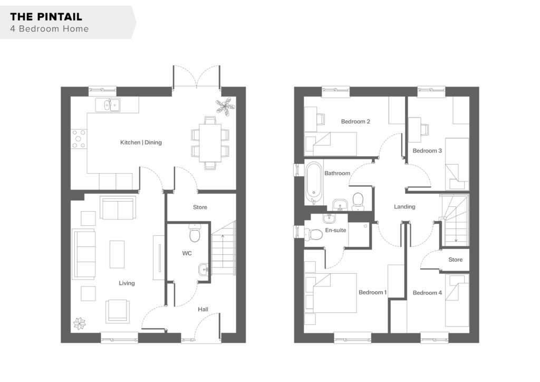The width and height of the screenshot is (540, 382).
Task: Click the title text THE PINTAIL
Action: [x=46, y=16]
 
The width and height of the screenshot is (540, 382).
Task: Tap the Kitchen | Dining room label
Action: [x=141, y=142]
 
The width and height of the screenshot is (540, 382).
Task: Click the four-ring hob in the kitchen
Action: [x=79, y=139]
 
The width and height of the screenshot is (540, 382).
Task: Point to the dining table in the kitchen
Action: [x=210, y=143]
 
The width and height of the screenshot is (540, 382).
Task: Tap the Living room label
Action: [x=127, y=283]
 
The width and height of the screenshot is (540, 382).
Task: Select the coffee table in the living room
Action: [x=117, y=254]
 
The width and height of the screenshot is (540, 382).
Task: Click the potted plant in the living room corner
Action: [x=79, y=323]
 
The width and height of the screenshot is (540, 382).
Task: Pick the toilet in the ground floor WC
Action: [x=195, y=233]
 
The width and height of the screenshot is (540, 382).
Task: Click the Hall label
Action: [x=203, y=309]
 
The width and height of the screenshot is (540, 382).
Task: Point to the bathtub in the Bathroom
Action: [x=314, y=183]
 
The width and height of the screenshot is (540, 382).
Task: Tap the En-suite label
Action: [x=336, y=230]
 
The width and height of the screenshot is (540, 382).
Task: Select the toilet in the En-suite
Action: [x=313, y=234]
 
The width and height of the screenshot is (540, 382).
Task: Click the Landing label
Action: [x=404, y=207]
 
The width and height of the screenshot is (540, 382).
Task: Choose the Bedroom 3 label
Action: [x=427, y=150]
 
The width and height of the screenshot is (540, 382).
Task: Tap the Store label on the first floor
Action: [x=455, y=260]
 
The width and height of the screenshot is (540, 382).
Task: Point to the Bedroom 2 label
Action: [x=355, y=121]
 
